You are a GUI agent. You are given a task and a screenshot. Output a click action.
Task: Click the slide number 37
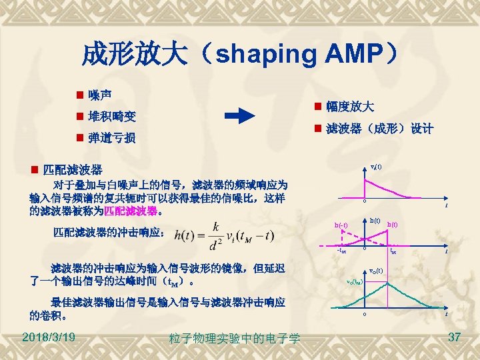(x=455, y=337)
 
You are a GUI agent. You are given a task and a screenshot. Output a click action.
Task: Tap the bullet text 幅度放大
(x=350, y=107)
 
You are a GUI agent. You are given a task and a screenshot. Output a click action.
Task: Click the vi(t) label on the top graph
(x=376, y=167)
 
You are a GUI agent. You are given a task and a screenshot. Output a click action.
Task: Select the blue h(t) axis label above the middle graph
(x=375, y=220)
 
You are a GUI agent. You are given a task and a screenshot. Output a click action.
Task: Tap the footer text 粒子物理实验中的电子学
(x=235, y=339)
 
